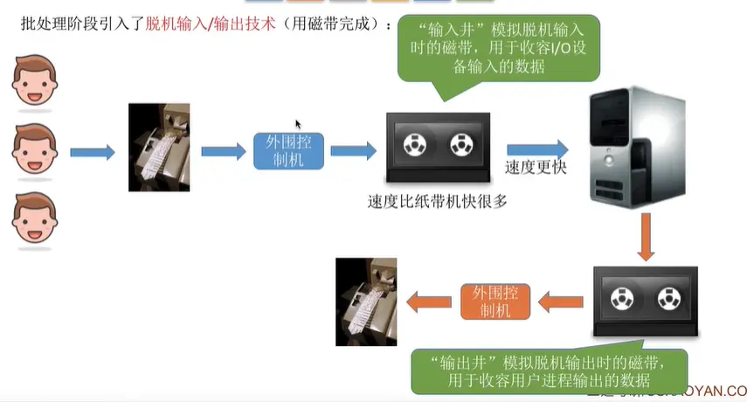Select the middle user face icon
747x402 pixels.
(x=34, y=150)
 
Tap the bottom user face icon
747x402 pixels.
(x=34, y=218)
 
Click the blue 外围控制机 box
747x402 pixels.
(x=288, y=150)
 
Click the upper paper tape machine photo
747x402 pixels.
(x=159, y=148)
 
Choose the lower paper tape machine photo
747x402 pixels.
(x=366, y=301)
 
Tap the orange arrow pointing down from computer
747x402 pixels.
(x=646, y=237)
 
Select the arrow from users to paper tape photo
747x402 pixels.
(x=92, y=152)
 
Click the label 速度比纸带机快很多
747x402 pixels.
(x=438, y=202)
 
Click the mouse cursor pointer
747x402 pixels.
(x=298, y=124)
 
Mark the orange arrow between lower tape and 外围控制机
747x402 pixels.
(x=559, y=302)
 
